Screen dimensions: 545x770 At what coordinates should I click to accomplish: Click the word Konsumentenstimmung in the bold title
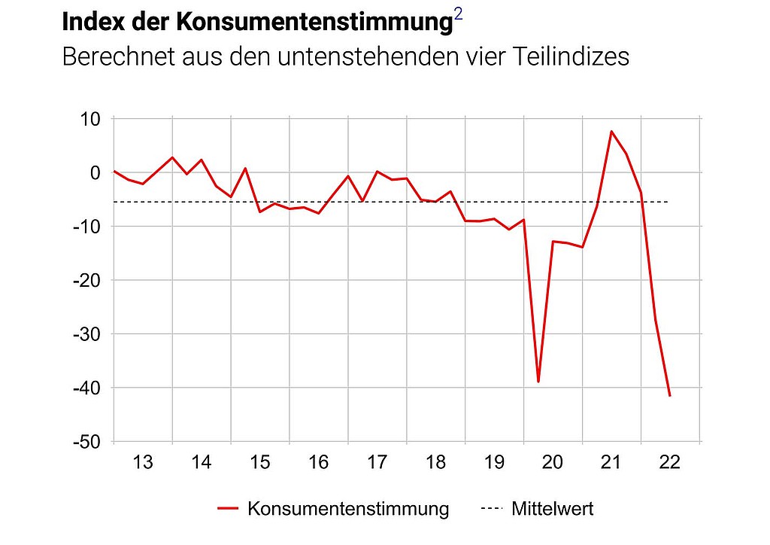tap(314, 22)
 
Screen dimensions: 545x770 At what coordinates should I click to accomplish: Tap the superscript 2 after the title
tap(459, 16)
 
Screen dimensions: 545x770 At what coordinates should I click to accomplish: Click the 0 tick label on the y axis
tap(95, 172)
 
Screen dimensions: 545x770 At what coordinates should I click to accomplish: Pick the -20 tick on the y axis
tap(86, 280)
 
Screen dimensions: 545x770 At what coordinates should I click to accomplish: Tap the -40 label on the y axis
tap(86, 388)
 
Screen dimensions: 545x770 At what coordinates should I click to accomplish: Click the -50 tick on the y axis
tap(86, 442)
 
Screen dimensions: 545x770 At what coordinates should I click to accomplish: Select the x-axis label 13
tap(143, 462)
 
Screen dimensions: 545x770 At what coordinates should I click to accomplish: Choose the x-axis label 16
tap(319, 462)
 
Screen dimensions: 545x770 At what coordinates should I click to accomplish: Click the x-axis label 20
tap(553, 462)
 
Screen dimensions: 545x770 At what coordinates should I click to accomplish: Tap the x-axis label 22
tap(670, 462)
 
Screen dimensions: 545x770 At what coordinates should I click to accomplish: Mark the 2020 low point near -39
tap(538, 382)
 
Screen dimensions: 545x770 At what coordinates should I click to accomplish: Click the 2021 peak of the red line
tap(611, 132)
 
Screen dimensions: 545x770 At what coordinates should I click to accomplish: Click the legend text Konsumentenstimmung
tap(347, 509)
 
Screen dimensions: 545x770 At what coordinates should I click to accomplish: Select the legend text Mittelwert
tap(553, 509)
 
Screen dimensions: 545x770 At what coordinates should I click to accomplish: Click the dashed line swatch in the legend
tap(491, 509)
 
